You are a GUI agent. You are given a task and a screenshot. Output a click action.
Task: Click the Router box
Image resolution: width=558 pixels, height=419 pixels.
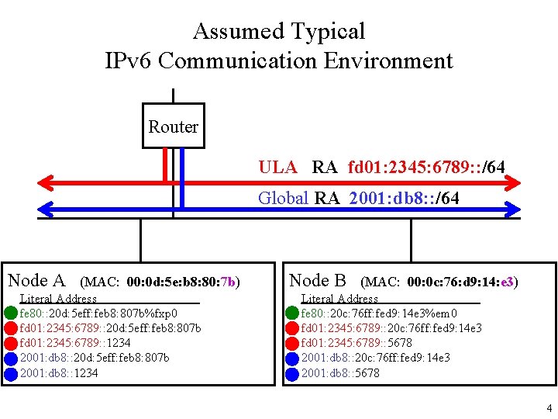(173, 126)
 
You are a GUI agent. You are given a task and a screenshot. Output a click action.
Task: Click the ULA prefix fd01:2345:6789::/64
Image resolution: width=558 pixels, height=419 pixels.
(427, 167)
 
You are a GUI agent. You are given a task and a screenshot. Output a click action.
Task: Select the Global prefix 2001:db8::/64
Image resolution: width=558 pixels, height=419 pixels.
(404, 198)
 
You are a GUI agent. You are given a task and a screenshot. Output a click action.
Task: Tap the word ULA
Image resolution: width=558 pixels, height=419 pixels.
(277, 167)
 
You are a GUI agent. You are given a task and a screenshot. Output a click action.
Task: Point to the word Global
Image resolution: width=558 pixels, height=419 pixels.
(284, 198)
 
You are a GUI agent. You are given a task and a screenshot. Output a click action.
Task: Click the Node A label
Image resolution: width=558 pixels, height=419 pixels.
(36, 280)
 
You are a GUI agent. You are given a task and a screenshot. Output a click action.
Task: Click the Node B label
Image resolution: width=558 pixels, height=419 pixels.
(318, 280)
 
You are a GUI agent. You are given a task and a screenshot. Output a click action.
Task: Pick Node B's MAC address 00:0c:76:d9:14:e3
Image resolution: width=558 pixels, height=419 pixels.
(462, 282)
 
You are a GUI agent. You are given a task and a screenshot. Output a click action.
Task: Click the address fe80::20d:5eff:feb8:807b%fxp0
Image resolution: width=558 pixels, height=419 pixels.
(98, 313)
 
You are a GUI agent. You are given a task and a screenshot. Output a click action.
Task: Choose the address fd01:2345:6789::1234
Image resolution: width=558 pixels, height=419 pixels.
(75, 343)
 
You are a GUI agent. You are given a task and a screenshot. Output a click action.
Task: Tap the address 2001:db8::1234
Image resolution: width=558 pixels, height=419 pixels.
(59, 372)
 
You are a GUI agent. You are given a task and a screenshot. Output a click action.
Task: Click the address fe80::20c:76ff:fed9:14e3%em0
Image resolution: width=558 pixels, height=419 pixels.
(379, 313)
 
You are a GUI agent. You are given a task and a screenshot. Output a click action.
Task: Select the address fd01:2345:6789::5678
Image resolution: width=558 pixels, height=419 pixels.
(356, 343)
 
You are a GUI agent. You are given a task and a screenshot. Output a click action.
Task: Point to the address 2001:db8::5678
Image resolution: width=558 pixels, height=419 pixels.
(340, 372)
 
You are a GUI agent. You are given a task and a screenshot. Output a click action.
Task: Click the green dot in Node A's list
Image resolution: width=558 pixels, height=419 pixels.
(11, 313)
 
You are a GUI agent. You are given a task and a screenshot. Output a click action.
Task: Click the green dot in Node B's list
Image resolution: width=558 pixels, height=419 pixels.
(292, 313)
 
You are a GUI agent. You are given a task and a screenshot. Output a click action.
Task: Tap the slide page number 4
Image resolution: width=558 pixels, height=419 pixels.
(549, 407)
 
